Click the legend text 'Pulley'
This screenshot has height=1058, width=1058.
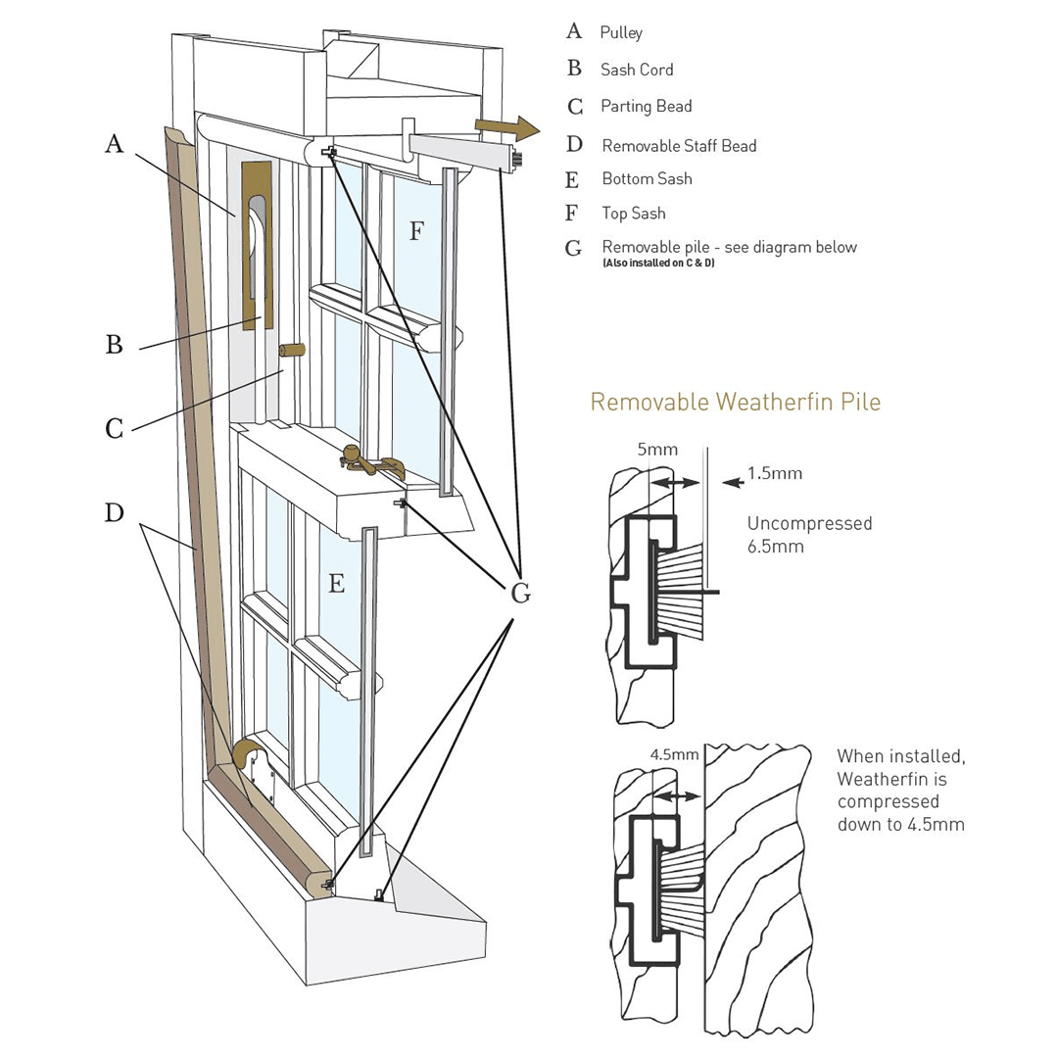click(621, 32)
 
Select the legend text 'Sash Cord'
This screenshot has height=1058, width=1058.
click(637, 70)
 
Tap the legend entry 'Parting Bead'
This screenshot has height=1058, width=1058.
click(647, 106)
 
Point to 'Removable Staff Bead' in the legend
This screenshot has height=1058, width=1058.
click(679, 146)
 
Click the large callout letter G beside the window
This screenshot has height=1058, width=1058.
click(521, 592)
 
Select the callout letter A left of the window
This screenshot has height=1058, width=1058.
click(115, 145)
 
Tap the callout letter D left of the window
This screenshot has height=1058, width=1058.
click(115, 512)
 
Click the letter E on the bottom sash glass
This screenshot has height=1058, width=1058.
click(336, 585)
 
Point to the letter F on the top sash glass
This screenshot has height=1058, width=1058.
click(416, 231)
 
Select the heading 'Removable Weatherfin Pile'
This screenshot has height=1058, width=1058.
click(735, 402)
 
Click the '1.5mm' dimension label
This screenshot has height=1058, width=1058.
click(774, 473)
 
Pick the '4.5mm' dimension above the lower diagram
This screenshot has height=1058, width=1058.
click(674, 755)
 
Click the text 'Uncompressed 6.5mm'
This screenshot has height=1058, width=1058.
click(809, 535)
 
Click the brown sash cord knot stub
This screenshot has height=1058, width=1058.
click(293, 350)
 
